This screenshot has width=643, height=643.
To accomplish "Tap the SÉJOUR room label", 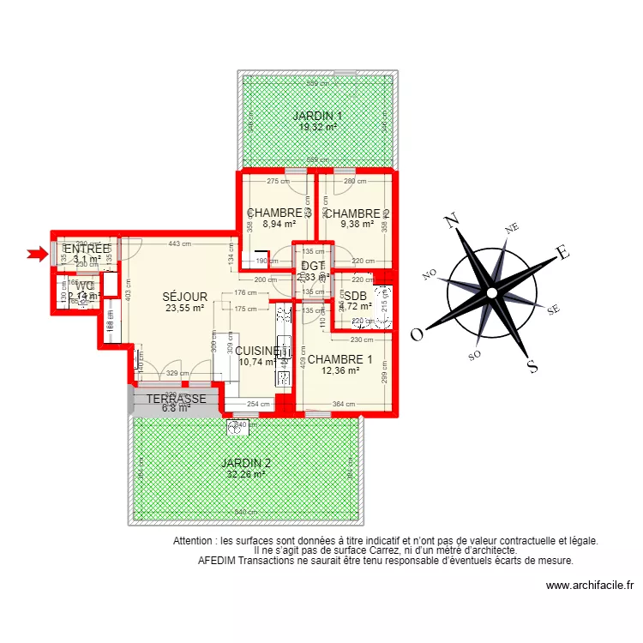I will tap(184, 297).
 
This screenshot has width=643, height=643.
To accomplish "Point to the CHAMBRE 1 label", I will tap(340, 359).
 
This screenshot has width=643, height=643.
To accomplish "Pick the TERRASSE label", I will tap(175, 400).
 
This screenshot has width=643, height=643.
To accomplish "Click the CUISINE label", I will tap(257, 351).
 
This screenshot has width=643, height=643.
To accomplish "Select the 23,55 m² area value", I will tap(184, 309).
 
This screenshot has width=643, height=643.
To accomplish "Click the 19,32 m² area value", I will tap(317, 127).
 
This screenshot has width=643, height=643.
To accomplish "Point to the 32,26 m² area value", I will tap(244, 473).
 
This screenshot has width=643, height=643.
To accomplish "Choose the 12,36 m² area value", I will tap(340, 371).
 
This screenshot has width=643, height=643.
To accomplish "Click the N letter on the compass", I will tap(451, 223).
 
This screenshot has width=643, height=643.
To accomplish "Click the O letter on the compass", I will tap(417, 334).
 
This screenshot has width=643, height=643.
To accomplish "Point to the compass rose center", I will tap(491, 292).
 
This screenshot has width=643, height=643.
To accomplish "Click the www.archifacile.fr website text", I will tap(589, 586).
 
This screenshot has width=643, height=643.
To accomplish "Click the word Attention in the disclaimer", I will tap(195, 541).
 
